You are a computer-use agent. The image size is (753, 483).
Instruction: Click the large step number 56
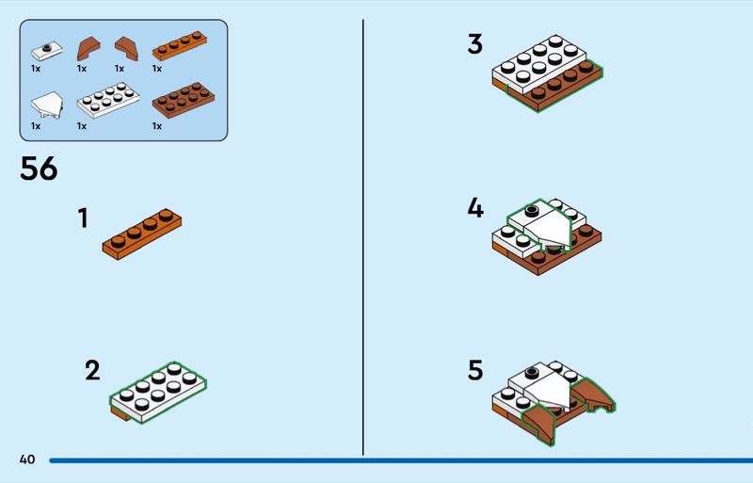point(39,169)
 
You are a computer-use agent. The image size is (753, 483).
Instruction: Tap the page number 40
point(27,459)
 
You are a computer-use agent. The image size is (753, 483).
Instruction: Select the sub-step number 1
point(83,217)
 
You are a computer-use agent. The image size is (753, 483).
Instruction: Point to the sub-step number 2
point(92,371)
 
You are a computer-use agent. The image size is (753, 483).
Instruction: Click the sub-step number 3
point(475,44)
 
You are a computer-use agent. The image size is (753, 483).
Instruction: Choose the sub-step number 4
point(475,208)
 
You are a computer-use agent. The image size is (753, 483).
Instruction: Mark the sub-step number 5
point(475,371)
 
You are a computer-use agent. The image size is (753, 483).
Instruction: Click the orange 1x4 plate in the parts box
point(180,45)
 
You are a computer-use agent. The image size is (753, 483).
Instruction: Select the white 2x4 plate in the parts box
point(108,100)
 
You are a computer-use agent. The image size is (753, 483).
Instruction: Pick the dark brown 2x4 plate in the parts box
point(184,100)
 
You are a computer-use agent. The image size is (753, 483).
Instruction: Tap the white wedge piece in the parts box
point(47,105)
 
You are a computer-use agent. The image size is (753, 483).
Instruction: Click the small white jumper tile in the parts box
point(46,51)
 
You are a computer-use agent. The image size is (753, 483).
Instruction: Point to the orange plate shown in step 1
point(142,234)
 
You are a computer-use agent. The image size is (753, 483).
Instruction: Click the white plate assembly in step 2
point(158,393)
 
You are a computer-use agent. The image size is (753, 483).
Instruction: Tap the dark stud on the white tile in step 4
point(532,211)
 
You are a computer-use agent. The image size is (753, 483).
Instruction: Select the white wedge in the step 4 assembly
point(548,228)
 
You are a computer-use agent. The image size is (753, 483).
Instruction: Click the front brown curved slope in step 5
point(538,423)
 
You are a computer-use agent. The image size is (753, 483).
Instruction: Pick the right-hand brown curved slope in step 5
point(593,394)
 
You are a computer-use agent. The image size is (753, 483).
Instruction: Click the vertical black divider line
point(363,237)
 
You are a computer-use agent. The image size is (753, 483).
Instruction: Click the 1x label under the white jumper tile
point(36,69)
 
